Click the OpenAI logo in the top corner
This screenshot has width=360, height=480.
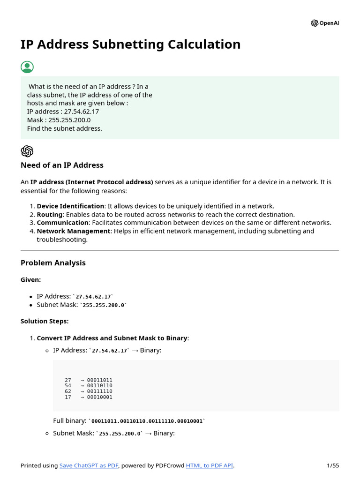(x=324, y=23)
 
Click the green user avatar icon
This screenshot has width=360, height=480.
(x=27, y=67)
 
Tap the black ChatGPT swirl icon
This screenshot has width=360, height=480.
(x=27, y=151)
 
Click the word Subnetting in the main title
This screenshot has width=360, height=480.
(x=126, y=45)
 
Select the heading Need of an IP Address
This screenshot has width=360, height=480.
(x=62, y=165)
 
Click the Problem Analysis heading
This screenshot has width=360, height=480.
(x=53, y=263)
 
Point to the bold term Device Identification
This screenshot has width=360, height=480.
(x=70, y=206)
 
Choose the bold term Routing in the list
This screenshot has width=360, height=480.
(x=50, y=215)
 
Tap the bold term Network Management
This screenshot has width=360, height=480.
(x=74, y=231)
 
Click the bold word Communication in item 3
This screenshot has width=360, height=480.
(x=62, y=223)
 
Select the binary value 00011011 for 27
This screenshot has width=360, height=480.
(x=100, y=380)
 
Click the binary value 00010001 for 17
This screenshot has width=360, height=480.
(x=100, y=397)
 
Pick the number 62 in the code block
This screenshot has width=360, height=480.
(x=68, y=391)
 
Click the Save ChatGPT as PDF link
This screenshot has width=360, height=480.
(x=89, y=465)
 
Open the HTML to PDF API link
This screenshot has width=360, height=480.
(x=209, y=465)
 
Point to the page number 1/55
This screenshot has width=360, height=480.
(x=332, y=465)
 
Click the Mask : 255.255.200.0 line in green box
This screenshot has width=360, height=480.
(x=59, y=120)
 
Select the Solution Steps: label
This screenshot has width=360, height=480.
(x=45, y=321)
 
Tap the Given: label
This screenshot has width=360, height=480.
(x=30, y=279)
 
